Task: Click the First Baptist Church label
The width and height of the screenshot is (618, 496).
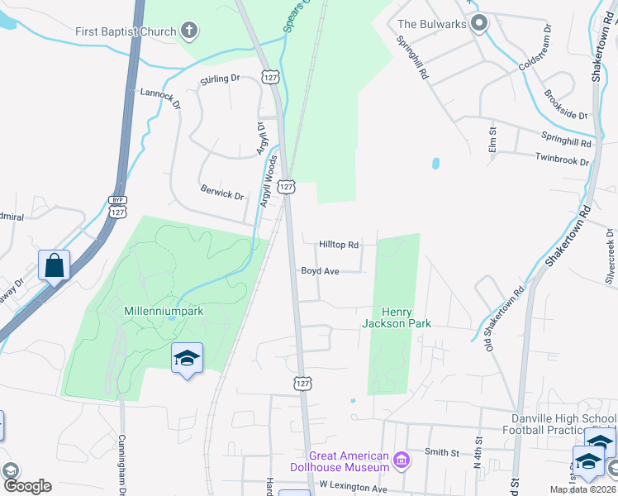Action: (x=126, y=32)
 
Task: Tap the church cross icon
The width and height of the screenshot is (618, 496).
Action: (x=190, y=32)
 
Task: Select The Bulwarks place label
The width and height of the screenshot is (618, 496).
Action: (x=431, y=24)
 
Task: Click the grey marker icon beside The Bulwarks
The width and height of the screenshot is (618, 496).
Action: (x=478, y=24)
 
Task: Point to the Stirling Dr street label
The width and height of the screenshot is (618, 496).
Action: (x=220, y=79)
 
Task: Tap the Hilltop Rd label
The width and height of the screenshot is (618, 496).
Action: (x=340, y=245)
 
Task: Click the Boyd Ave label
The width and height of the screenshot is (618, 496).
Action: (x=321, y=270)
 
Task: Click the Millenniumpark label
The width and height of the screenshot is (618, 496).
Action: (x=163, y=311)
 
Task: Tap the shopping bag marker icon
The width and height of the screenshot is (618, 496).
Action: (x=54, y=265)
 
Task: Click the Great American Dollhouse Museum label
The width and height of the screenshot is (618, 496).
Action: (x=348, y=461)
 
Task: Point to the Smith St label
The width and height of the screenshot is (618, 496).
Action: (x=442, y=452)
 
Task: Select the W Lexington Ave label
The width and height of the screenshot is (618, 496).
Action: (x=353, y=488)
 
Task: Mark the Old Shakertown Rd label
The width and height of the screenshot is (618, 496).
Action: (x=506, y=318)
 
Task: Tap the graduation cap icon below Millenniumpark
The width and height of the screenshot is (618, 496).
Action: (x=187, y=358)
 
